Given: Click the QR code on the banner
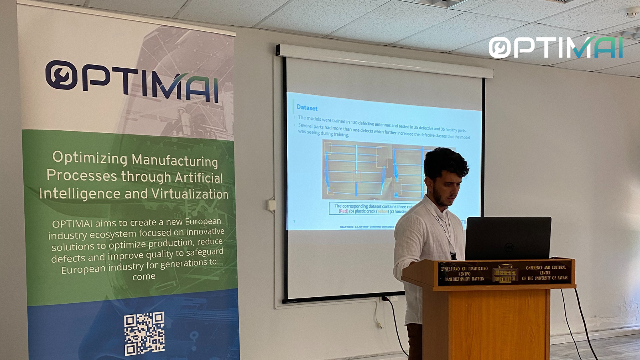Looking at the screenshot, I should click(144, 333).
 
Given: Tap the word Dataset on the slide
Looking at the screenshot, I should click(307, 108).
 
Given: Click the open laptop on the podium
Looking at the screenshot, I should click(508, 238).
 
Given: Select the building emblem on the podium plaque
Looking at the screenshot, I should click(505, 273).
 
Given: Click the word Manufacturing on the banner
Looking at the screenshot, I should click(175, 160).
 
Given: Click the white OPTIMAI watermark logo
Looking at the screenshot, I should click(556, 48).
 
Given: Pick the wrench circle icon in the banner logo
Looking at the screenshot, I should click(61, 75).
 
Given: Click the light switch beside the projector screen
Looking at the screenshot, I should click(272, 205).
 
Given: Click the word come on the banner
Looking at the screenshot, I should click(144, 276).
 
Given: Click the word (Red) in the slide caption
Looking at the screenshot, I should click(343, 211).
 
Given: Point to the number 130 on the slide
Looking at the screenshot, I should click(354, 122).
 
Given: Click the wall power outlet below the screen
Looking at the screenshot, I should click(394, 298).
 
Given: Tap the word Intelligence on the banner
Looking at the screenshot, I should click(80, 194).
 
